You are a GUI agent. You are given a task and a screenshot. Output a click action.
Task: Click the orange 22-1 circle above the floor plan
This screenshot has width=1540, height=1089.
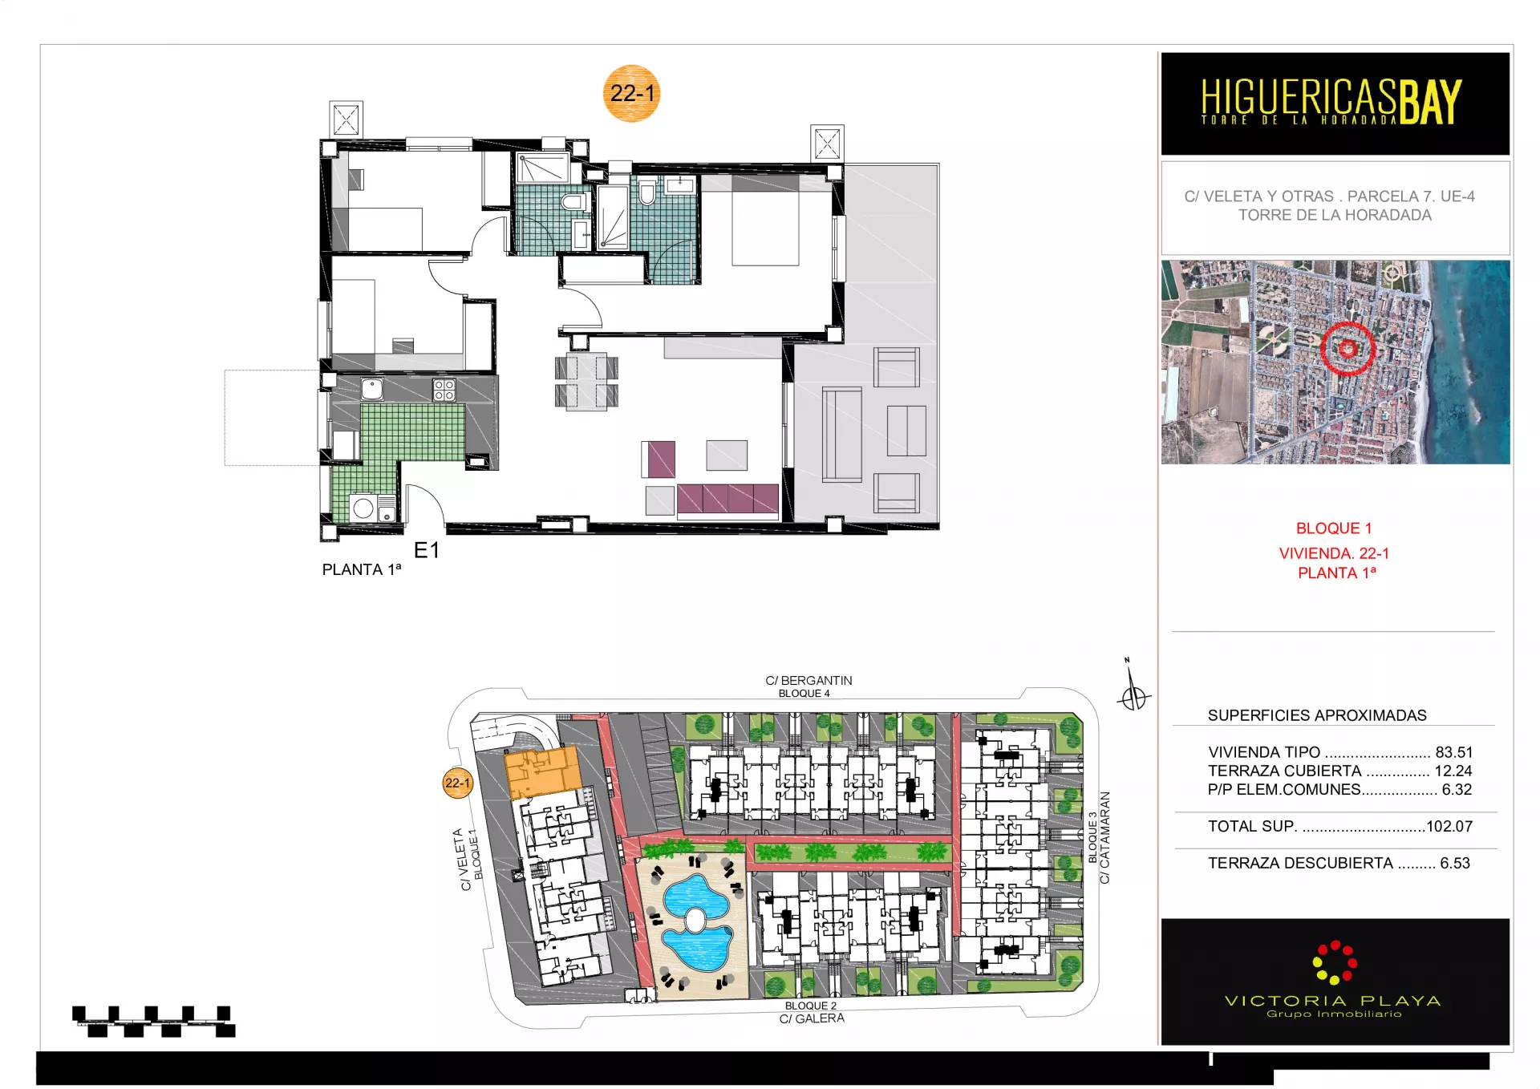pos(631,93)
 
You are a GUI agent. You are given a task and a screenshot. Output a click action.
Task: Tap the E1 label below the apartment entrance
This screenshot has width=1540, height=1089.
pos(427,550)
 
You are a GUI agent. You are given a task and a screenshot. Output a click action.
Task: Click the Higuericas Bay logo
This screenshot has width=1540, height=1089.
pos(1331,102)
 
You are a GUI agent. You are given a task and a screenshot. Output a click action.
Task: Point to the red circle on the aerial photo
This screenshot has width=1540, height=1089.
pos(1347,348)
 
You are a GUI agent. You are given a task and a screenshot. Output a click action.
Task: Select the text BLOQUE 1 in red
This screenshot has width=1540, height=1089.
pos(1334,528)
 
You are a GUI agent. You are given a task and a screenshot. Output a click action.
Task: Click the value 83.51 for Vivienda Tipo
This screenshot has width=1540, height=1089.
pos(1454,752)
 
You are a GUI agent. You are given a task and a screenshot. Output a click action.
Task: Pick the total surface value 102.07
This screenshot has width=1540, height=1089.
pos(1449,826)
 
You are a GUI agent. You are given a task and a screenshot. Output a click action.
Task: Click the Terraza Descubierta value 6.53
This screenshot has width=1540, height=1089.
pos(1455,863)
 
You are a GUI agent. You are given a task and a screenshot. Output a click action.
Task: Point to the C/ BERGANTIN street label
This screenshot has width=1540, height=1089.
pos(808,680)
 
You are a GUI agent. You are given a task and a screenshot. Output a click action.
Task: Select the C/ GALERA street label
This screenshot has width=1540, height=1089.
pos(812,1018)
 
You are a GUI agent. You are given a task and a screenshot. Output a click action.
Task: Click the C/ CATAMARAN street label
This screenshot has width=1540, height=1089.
pos(1104,838)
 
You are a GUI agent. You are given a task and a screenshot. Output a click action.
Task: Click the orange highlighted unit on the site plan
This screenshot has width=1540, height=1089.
pos(542,773)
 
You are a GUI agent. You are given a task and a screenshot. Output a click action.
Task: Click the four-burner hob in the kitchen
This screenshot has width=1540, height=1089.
pos(444,390)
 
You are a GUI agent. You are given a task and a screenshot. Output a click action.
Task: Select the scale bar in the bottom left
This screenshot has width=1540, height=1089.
pos(154,1022)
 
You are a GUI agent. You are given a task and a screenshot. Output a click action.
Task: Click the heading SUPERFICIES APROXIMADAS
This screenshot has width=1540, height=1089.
pos(1317,715)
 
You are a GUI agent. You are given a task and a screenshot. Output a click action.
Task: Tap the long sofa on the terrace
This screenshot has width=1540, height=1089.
pos(841,434)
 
